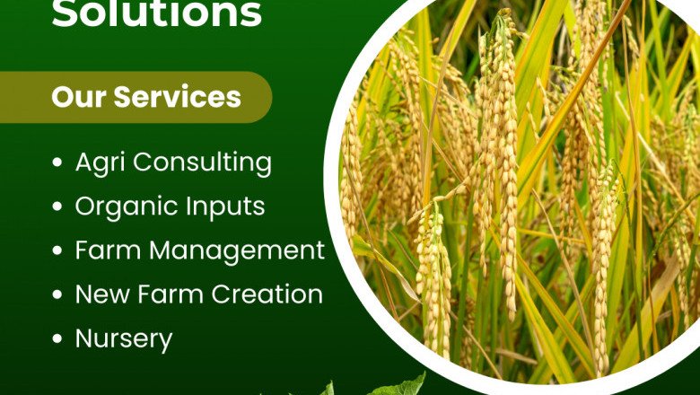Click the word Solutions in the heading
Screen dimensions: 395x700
(157, 14)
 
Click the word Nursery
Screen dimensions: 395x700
(123, 339)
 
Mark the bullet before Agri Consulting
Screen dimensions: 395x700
(58, 164)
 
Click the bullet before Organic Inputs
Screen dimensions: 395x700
(58, 207)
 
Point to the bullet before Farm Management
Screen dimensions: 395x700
(58, 251)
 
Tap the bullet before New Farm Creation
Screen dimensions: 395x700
(58, 295)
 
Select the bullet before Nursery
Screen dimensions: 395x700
(58, 339)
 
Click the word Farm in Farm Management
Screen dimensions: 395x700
(109, 251)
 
